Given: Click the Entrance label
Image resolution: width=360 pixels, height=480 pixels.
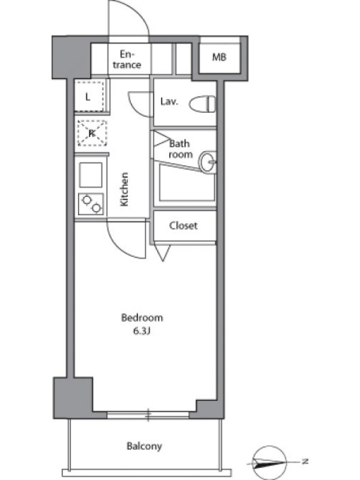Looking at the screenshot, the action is [x=127, y=59].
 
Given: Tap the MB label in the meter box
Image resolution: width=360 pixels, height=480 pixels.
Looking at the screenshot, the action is [x=219, y=57].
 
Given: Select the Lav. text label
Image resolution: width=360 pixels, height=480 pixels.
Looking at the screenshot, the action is [x=169, y=101].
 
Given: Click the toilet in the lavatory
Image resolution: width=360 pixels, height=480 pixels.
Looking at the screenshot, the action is [x=202, y=104].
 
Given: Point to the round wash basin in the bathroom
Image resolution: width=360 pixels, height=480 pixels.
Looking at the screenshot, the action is [x=208, y=161].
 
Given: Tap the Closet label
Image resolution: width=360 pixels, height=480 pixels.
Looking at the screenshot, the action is [x=183, y=226].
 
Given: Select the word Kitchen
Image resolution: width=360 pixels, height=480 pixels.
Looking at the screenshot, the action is [x=124, y=189].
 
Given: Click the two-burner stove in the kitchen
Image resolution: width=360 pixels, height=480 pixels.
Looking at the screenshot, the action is [x=91, y=204].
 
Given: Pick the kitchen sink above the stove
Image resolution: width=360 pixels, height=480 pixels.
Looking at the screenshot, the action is [x=91, y=175].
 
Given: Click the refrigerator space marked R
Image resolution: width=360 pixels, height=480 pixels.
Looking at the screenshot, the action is [x=92, y=133].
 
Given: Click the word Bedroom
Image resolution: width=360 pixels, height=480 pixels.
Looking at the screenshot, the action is [x=142, y=318].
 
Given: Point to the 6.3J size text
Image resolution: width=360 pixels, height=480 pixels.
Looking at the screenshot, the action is [x=141, y=331].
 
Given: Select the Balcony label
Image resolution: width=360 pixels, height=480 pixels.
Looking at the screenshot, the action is [x=144, y=446].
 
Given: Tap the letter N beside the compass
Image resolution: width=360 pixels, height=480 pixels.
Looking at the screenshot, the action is [x=305, y=461].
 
